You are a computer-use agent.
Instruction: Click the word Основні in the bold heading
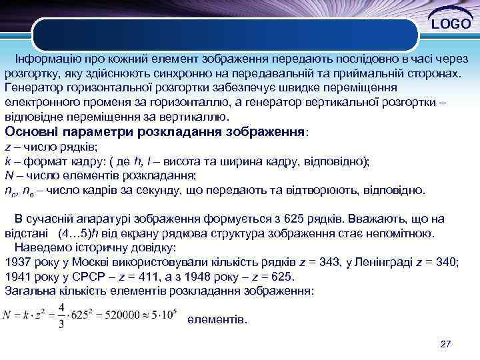coord(31,131)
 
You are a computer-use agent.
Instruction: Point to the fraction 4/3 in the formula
coord(60,313)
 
